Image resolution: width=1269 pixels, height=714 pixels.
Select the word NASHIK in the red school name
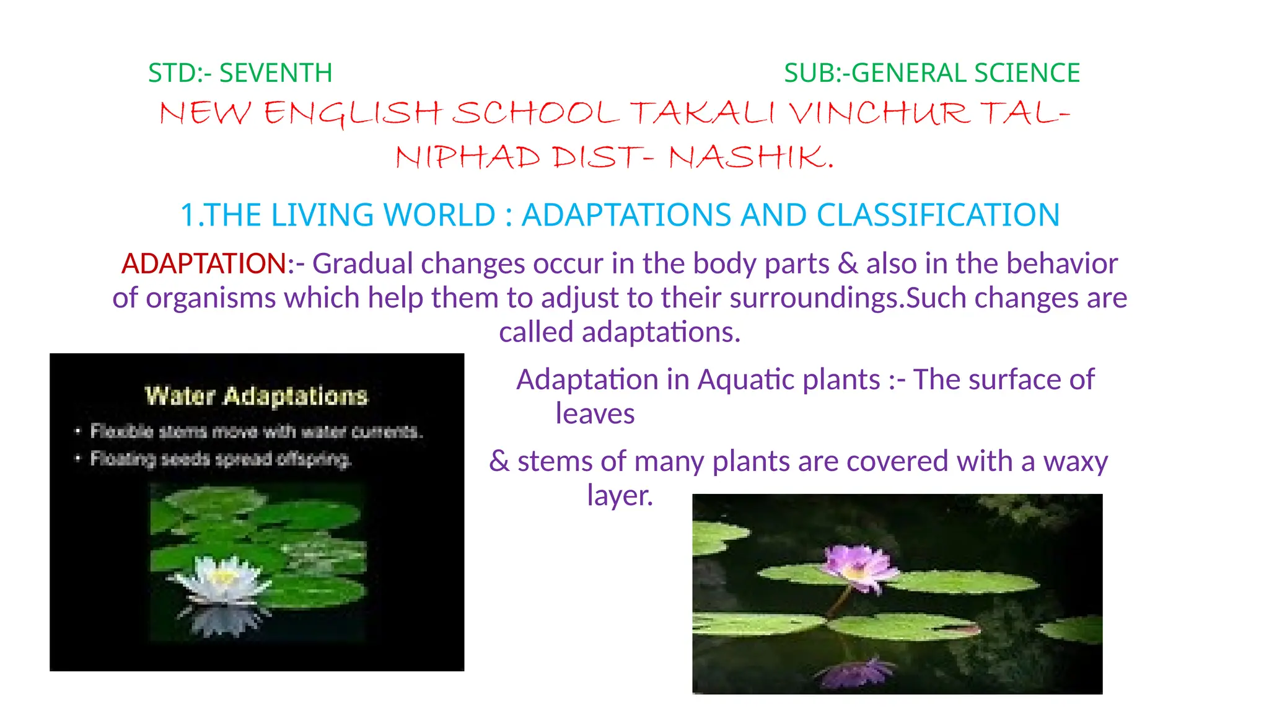click(x=747, y=157)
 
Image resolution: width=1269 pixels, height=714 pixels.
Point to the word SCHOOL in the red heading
click(x=535, y=113)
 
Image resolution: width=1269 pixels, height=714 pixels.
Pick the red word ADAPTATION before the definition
click(x=204, y=263)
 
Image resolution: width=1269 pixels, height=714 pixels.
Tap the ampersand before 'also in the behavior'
click(x=848, y=263)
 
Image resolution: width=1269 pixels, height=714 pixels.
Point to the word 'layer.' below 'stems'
click(x=620, y=495)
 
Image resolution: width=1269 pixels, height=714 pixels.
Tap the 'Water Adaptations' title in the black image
click(x=256, y=396)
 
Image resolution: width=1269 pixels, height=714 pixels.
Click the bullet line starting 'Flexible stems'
click(x=256, y=431)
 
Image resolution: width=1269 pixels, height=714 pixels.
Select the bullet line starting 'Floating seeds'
click(x=221, y=459)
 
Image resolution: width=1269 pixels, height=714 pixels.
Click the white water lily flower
click(x=222, y=578)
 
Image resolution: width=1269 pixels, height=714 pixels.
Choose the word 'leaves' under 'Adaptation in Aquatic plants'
click(x=595, y=413)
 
